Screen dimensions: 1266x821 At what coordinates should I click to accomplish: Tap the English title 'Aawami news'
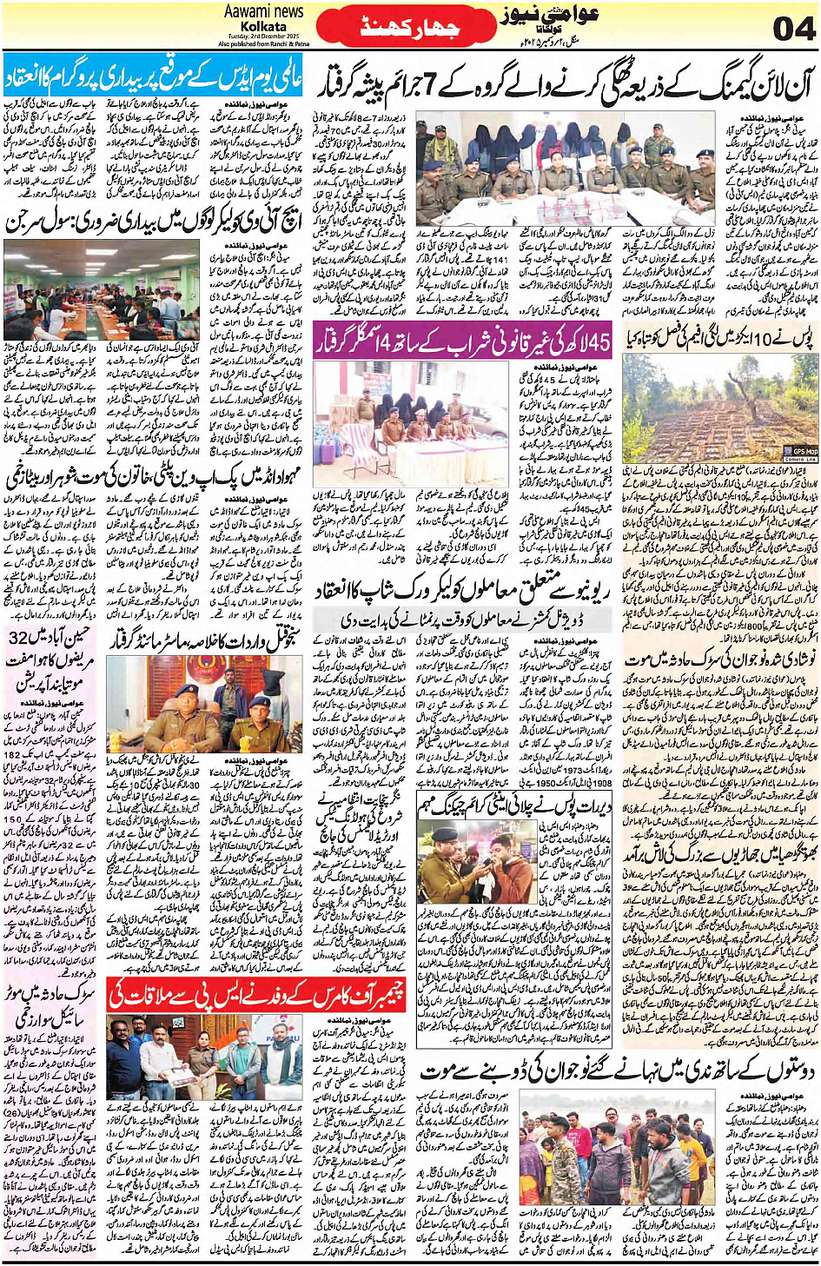coord(263,11)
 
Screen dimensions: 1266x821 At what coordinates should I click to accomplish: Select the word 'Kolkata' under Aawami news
coord(263,27)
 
